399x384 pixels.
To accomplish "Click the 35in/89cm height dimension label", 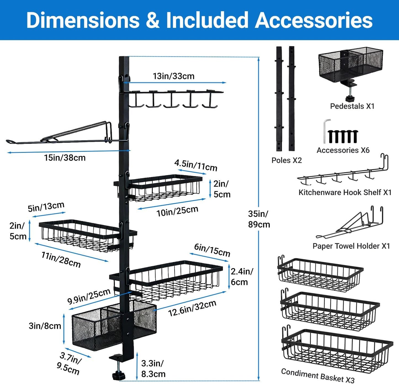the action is click(x=259, y=219).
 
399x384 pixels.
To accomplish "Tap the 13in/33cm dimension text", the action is click(x=173, y=76).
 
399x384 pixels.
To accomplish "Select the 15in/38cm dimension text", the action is click(x=65, y=158).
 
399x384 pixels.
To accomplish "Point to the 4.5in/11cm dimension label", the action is click(x=195, y=166).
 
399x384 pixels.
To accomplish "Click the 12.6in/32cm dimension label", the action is click(x=192, y=308).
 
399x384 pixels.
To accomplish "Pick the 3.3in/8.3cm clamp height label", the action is click(x=153, y=369).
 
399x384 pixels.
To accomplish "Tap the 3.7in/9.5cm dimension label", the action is click(x=69, y=364).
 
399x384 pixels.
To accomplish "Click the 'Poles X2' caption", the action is click(x=287, y=160).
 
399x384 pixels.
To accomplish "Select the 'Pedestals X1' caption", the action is click(x=352, y=106).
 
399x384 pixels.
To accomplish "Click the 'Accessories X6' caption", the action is click(x=343, y=150).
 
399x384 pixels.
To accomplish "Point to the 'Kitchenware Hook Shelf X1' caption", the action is click(x=345, y=192).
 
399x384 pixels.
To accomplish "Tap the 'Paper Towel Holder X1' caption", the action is click(x=351, y=246).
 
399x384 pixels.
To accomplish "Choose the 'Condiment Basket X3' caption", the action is click(x=318, y=375).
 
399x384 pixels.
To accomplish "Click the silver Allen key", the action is click(x=325, y=131).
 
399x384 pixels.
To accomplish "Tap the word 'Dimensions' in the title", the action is click(x=83, y=20).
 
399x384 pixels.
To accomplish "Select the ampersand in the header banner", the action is click(x=153, y=20).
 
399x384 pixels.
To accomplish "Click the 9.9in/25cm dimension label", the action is click(x=89, y=296).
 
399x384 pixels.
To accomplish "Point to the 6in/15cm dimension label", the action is click(x=212, y=250).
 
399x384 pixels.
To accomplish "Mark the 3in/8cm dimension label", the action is click(x=45, y=326).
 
